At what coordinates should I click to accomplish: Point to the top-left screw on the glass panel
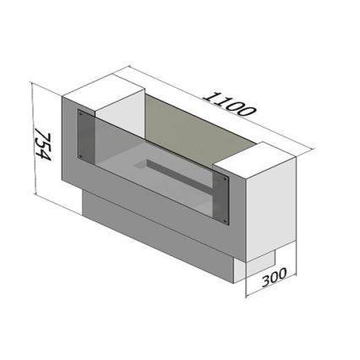point(81,112)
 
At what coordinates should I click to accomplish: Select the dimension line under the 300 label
point(269,289)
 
